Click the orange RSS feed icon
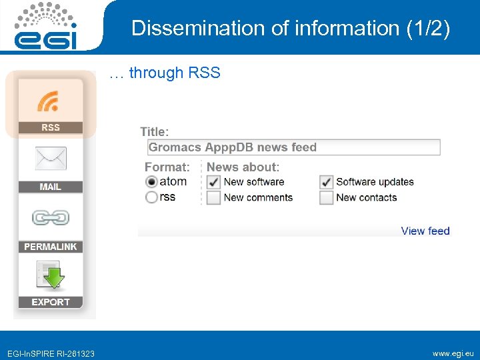48,101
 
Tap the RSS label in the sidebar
51,127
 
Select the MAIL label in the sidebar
51,187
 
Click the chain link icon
51,218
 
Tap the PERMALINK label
51,247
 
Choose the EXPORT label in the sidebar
51,302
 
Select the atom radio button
151,182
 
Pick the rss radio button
151,197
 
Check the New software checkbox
213,182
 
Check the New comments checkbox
213,197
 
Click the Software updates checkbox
326,182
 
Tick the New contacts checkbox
326,197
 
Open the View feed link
425,231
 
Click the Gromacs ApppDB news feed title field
293,147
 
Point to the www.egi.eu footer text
453,353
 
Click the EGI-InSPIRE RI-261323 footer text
51,353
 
